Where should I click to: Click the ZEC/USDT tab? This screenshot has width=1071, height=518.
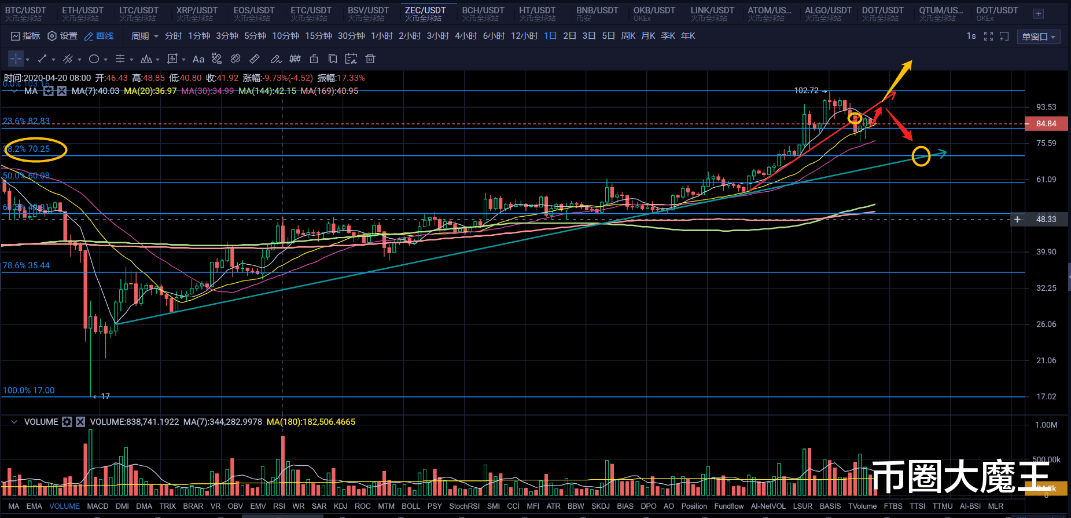(x=425, y=13)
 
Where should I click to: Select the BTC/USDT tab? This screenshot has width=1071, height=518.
(x=25, y=13)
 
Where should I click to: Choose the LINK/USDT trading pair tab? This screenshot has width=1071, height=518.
(x=712, y=13)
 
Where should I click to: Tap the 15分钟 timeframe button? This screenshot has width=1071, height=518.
(x=318, y=36)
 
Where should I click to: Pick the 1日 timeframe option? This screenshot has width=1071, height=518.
(x=550, y=36)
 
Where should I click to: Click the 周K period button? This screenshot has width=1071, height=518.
(x=628, y=36)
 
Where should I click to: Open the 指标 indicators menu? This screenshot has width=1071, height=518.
(x=25, y=36)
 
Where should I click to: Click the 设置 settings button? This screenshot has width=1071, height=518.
(x=62, y=36)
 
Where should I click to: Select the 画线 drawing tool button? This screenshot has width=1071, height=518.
(x=99, y=36)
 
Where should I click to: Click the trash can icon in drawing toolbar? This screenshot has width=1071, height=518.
(x=370, y=59)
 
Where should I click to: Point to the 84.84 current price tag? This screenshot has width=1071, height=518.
(x=1046, y=123)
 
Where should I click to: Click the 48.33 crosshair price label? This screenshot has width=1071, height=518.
(x=1046, y=219)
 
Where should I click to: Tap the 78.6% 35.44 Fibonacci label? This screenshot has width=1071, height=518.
(x=26, y=265)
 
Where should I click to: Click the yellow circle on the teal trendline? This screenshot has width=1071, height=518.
(x=921, y=156)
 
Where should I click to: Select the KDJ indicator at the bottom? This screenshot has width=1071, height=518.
(x=341, y=506)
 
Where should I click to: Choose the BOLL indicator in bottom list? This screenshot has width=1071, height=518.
(x=411, y=506)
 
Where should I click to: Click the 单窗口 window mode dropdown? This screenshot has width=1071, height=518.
(x=1039, y=37)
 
